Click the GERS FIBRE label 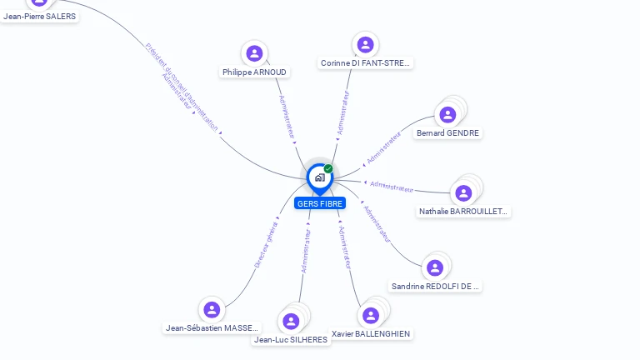(320, 203)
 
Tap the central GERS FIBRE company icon (319, 177)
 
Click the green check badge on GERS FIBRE (328, 169)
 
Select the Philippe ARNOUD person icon (254, 53)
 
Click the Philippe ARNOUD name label (254, 72)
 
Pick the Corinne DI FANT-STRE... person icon (364, 44)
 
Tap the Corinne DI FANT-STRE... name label (366, 63)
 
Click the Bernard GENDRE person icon (447, 115)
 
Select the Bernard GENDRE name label (448, 133)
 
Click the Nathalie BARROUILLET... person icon (463, 193)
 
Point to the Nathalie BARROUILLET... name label (463, 212)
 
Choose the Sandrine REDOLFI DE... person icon (434, 267)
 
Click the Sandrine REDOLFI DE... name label (436, 287)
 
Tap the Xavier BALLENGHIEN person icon (371, 315)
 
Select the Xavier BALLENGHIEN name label (371, 334)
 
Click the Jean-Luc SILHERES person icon (290, 321)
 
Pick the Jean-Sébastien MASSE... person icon (212, 309)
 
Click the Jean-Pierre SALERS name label (39, 16)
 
